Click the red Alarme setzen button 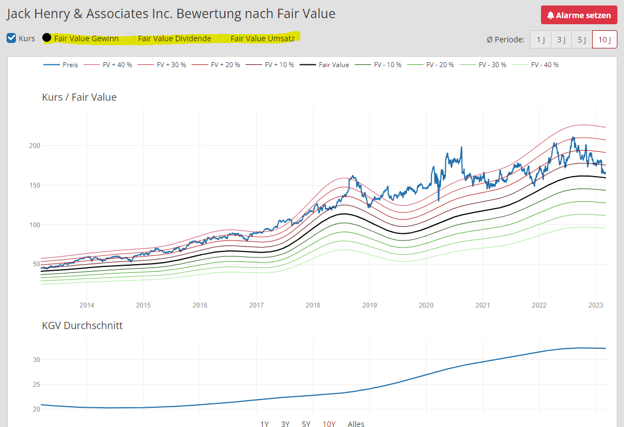pos(579,15)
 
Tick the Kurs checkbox pos(12,38)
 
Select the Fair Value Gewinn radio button pos(47,38)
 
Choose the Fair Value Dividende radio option pos(131,38)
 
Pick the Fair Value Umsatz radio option pos(223,38)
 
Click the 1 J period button pos(540,40)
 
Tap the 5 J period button pos(582,40)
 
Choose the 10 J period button pos(604,40)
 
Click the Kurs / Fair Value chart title pos(79,97)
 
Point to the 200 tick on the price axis pos(35,146)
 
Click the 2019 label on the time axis pos(369,305)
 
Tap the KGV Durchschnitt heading pos(82,326)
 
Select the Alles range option pos(356,424)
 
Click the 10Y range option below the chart pos(329,424)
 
